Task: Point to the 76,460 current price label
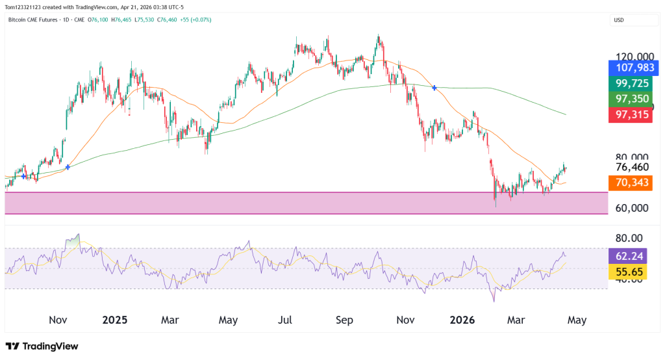tap(633, 168)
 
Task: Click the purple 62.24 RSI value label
tap(630, 256)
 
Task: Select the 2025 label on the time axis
tap(115, 320)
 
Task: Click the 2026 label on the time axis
tap(462, 320)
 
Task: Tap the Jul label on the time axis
tap(284, 320)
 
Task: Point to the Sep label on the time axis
tap(345, 320)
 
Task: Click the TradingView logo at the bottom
tap(42, 346)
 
